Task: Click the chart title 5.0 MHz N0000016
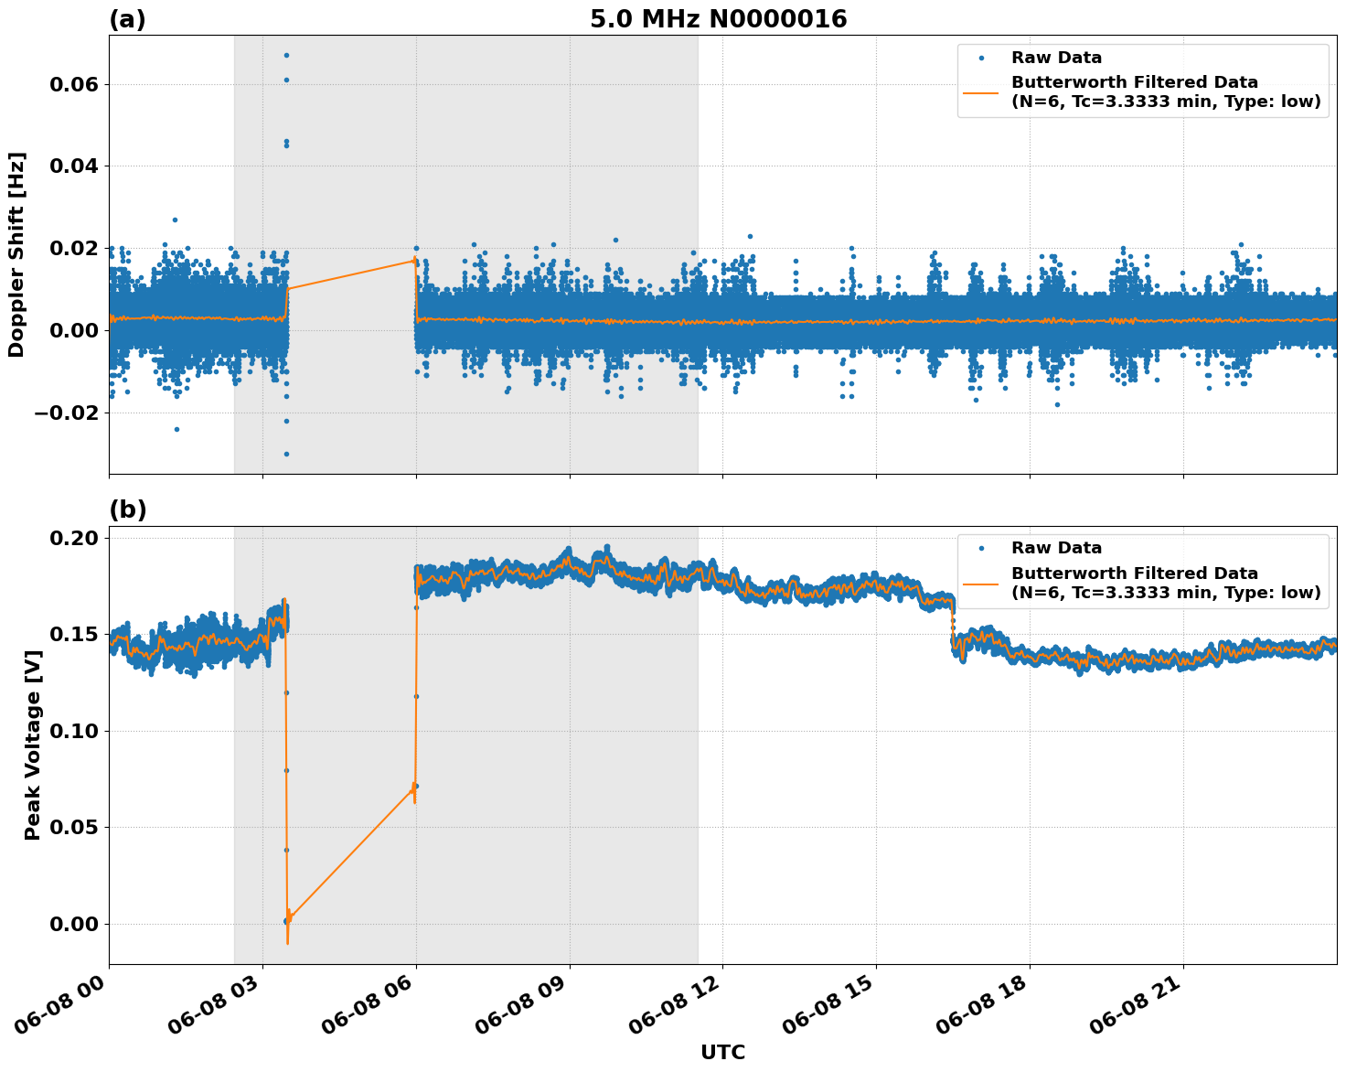[x=718, y=19]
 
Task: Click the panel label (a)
[x=127, y=19]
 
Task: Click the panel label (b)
[x=127, y=509]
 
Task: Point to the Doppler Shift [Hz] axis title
[x=16, y=254]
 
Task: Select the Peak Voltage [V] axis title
[x=33, y=765]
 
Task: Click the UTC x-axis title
[x=722, y=1053]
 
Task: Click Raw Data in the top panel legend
[x=1056, y=58]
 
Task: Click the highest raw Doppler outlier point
[x=286, y=55]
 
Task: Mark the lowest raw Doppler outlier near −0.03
[x=286, y=454]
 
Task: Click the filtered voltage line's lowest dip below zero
[x=287, y=942]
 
